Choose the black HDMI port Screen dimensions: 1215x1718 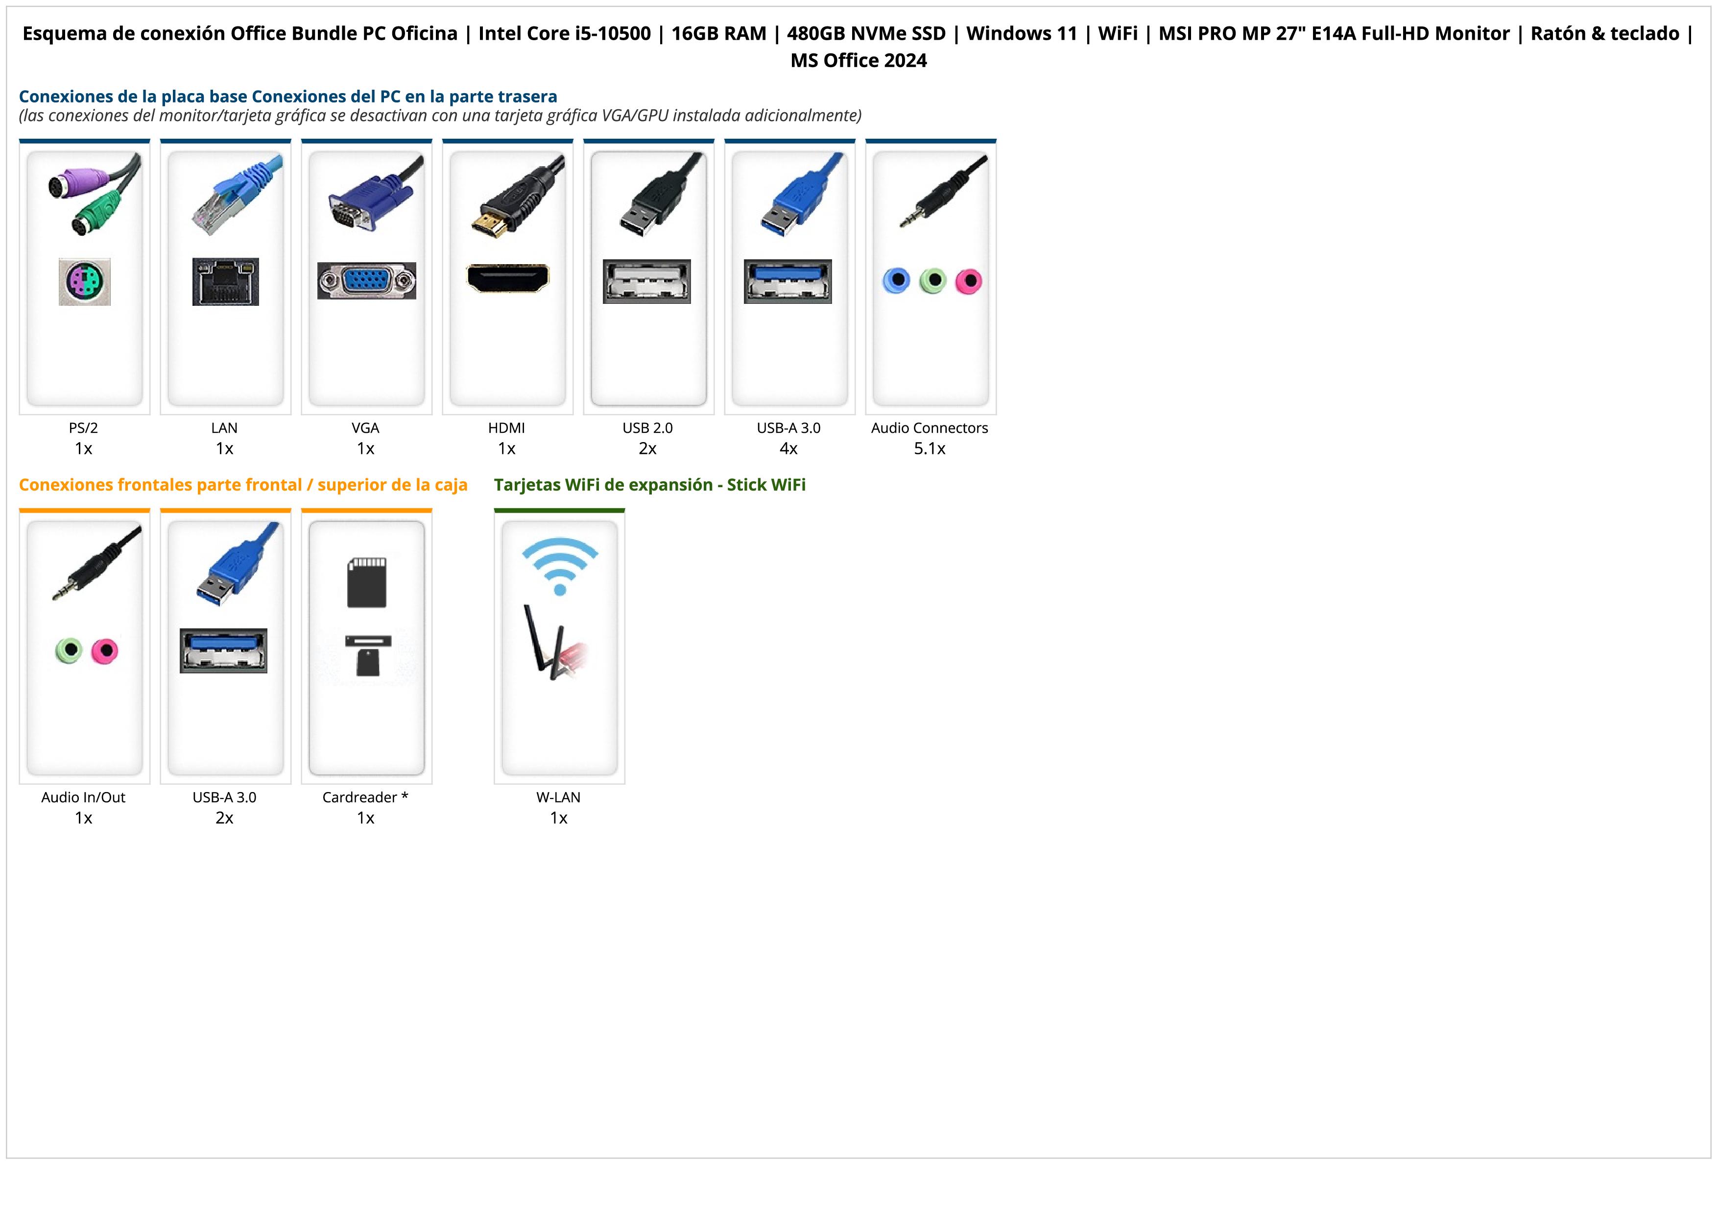coord(507,278)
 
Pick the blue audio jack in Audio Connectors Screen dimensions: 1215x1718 coord(896,281)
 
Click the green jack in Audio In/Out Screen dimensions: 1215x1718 coord(69,650)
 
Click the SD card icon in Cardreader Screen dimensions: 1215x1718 coord(367,582)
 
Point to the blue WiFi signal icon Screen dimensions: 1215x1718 coord(560,565)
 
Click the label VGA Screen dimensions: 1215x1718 coord(365,428)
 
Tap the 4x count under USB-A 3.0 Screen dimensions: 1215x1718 coord(788,448)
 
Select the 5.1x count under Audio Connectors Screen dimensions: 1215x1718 coord(930,448)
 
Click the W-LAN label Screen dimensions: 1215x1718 coord(558,797)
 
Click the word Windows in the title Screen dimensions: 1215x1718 coord(1022,34)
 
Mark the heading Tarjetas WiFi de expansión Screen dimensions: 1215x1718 coord(603,485)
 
